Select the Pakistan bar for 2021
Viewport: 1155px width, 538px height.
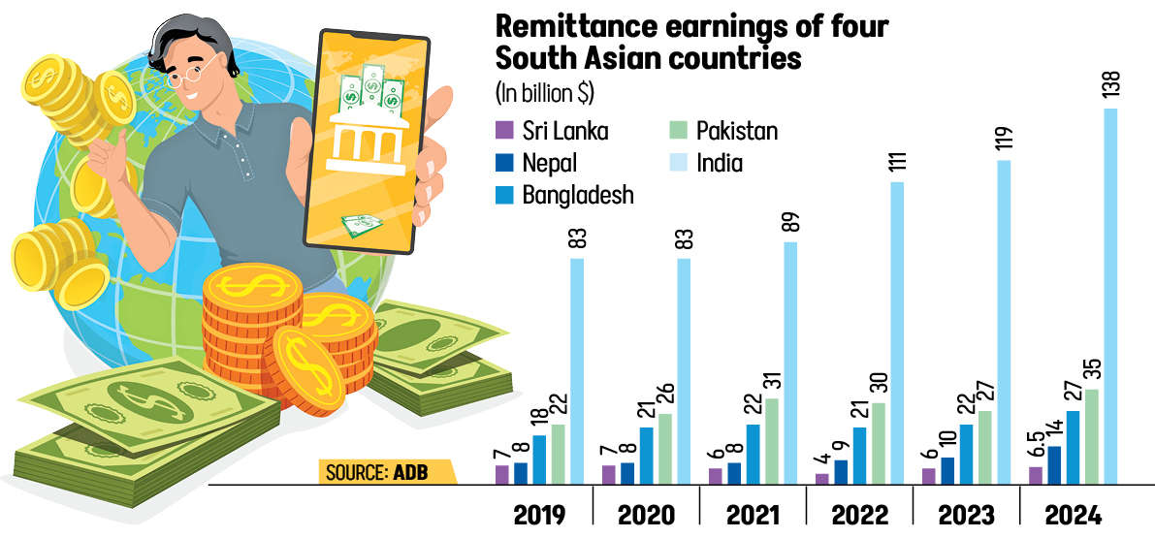tap(770, 441)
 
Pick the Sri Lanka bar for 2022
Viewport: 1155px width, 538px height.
tap(822, 478)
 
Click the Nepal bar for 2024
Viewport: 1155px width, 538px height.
tap(1054, 464)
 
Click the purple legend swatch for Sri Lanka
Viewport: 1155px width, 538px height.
tap(503, 129)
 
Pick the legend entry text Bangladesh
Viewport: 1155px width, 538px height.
tap(577, 194)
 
